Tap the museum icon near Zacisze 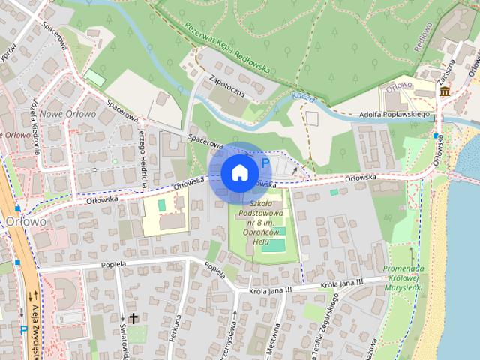point(445,91)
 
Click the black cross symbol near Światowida point(134,318)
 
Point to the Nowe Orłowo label point(68,114)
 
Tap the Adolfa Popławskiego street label point(394,115)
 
